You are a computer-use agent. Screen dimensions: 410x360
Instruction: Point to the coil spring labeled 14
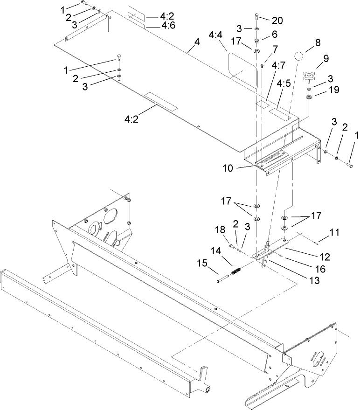pyautogui.click(x=237, y=271)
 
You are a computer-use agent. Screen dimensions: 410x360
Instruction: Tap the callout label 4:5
pyautogui.click(x=284, y=84)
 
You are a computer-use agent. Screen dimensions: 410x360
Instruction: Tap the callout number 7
pyautogui.click(x=274, y=48)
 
